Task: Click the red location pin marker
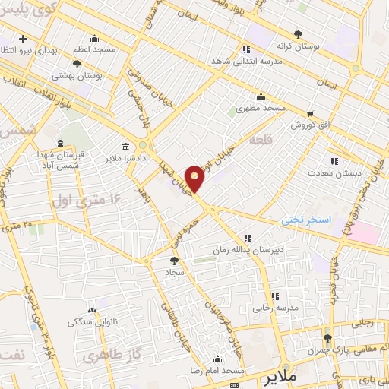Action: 195,179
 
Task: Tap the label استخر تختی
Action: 307,219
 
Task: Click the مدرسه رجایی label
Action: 274,308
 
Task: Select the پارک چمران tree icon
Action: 327,338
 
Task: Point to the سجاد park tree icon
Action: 175,261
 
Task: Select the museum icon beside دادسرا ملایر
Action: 125,147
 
